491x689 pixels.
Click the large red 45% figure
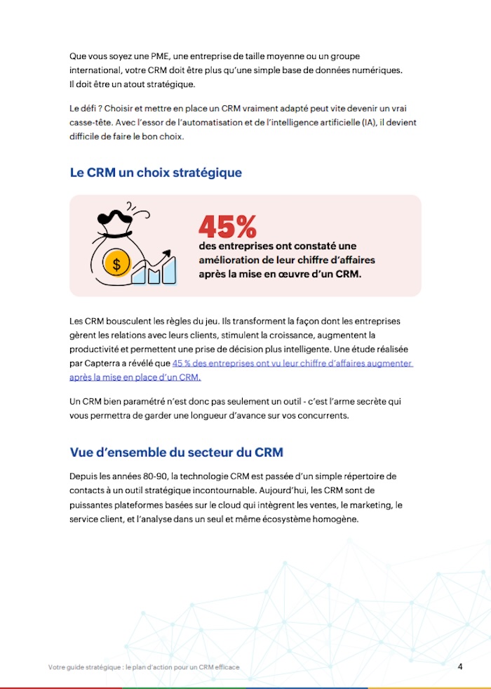tap(227, 226)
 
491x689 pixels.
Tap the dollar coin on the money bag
tap(116, 264)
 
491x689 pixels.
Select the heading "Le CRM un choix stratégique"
tap(156, 173)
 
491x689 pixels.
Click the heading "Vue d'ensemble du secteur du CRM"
tap(176, 452)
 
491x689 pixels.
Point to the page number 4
tap(460, 666)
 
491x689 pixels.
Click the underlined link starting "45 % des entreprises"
tap(292, 363)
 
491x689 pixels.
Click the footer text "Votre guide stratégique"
tap(84, 667)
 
